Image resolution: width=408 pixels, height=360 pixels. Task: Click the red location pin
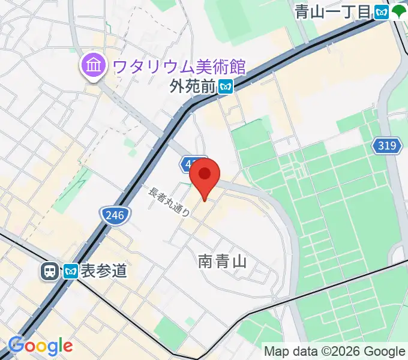[205, 175]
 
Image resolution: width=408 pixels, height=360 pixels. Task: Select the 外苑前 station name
[192, 87]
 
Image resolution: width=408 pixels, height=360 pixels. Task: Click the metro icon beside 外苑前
[225, 87]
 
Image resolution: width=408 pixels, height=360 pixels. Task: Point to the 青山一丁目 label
[334, 11]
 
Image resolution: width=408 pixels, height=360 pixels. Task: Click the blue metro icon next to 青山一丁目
[382, 11]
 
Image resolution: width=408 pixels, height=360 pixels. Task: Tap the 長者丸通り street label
[170, 203]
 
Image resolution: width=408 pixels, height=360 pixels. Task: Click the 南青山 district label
[223, 261]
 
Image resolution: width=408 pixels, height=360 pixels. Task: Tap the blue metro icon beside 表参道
[71, 272]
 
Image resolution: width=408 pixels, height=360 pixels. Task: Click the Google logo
[40, 346]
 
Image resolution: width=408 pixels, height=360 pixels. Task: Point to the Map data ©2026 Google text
[334, 352]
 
